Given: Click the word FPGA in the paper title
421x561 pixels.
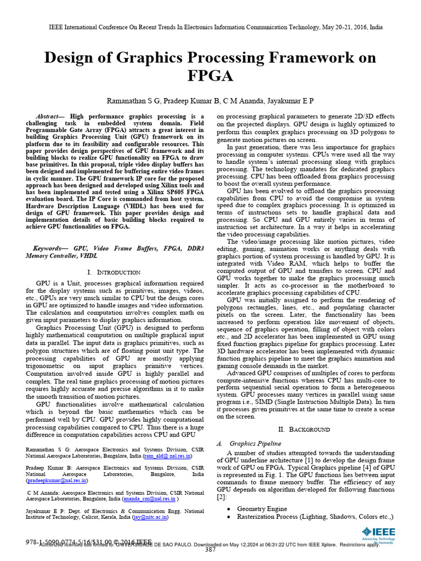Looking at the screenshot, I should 210,75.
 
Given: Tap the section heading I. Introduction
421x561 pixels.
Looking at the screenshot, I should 114,272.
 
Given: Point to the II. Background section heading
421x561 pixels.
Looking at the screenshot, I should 304,429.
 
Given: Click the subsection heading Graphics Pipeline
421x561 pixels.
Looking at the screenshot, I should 255,443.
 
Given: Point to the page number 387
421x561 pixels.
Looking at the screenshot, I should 210,549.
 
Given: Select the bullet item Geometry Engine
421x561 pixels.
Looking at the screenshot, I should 261,508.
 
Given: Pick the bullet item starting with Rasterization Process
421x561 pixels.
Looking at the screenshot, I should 315,516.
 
